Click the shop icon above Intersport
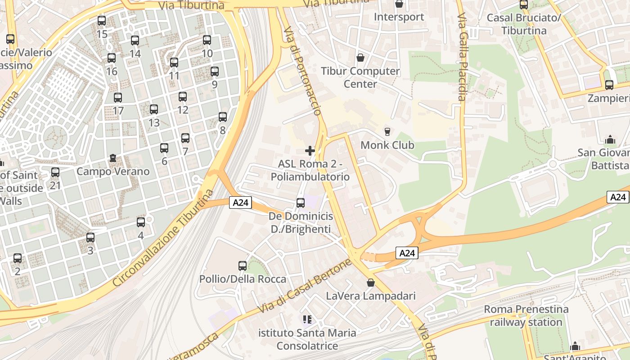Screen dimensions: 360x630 (x=399, y=4)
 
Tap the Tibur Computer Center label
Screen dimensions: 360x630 (x=360, y=77)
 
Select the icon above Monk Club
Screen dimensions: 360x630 (x=387, y=132)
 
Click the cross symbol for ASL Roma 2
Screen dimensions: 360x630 (x=310, y=151)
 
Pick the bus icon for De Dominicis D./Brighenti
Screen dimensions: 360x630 (x=301, y=203)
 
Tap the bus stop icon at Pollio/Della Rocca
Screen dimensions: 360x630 (x=243, y=266)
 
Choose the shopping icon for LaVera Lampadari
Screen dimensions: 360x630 (x=370, y=283)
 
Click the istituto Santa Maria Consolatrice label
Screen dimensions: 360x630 (x=307, y=339)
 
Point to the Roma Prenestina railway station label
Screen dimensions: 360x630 (x=526, y=316)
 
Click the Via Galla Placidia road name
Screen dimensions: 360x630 (x=463, y=56)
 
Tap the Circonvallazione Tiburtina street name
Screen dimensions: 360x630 (x=163, y=238)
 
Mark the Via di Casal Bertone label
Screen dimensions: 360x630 (x=304, y=287)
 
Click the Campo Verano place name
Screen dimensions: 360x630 (x=113, y=171)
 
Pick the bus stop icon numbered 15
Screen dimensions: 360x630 (x=102, y=21)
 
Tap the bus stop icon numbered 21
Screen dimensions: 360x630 (x=55, y=172)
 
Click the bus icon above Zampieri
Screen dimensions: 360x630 (x=609, y=85)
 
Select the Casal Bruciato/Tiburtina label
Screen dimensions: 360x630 (x=524, y=24)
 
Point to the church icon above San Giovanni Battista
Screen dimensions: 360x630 (x=610, y=139)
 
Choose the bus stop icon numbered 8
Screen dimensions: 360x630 (x=223, y=117)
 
